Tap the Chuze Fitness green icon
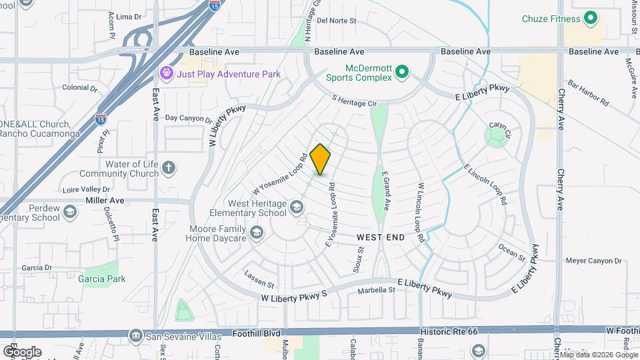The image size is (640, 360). pyautogui.click(x=590, y=19)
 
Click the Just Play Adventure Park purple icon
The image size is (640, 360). pyautogui.click(x=166, y=73)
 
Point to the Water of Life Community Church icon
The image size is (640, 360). pyautogui.click(x=169, y=167)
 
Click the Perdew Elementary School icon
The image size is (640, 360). pyautogui.click(x=69, y=213)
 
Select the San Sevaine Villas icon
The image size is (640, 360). pyautogui.click(x=136, y=335)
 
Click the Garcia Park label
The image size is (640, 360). pyautogui.click(x=101, y=279)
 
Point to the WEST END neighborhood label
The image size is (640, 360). pyautogui.click(x=381, y=237)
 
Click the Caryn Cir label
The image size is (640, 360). pyautogui.click(x=499, y=125)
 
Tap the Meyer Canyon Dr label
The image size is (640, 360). pyautogui.click(x=593, y=261)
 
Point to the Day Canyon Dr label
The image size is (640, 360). pyautogui.click(x=188, y=119)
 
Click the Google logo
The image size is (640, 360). pyautogui.click(x=22, y=352)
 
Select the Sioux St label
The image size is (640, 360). pyautogui.click(x=359, y=260)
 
